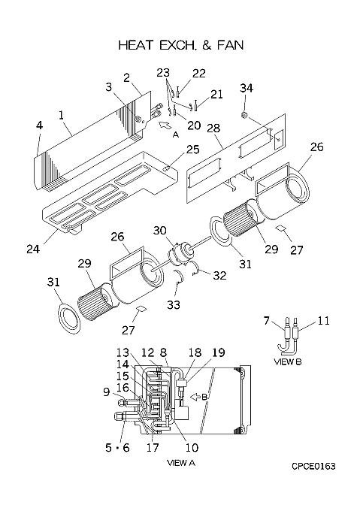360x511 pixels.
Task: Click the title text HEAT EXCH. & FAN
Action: point(181,45)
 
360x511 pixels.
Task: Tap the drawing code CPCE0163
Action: point(313,467)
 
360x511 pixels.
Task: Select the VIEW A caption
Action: point(181,463)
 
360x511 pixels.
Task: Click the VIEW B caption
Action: point(288,361)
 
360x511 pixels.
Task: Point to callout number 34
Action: point(247,88)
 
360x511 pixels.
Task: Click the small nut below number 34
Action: point(244,115)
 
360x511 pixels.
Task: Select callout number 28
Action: point(213,128)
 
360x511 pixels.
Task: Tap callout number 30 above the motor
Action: point(160,231)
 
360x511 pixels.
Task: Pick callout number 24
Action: point(33,249)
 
